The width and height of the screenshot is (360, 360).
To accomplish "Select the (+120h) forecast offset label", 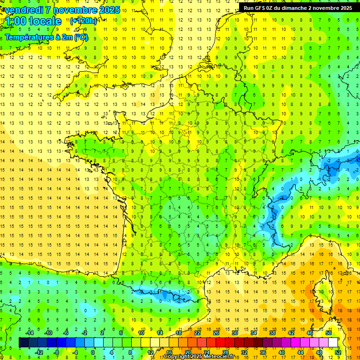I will pyautogui.click(x=83, y=21).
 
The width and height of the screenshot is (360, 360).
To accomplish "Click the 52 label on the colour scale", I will pyautogui.click(x=338, y=352).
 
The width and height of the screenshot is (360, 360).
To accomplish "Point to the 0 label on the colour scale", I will pyautogui.click(x=93, y=352).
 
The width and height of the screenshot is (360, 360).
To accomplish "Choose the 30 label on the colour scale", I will pyautogui.click(x=235, y=333).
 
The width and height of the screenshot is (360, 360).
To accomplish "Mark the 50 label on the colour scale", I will pyautogui.click(x=329, y=333).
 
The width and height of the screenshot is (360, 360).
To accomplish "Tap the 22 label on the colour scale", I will pyautogui.click(x=197, y=333).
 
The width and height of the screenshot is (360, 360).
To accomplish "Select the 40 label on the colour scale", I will pyautogui.click(x=282, y=352).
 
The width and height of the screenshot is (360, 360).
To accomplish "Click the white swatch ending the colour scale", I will pyautogui.click(x=333, y=343).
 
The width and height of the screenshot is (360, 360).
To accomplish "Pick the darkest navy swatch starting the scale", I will pyautogui.click(x=23, y=343).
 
